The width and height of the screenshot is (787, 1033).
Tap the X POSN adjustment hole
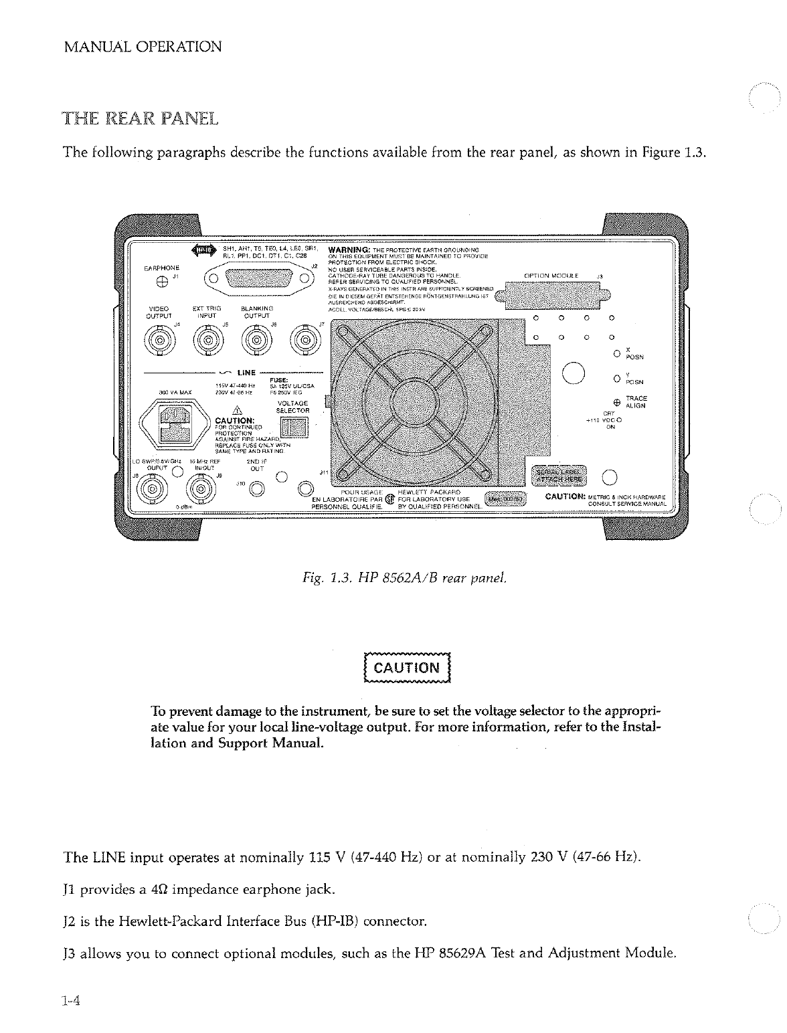pos(616,353)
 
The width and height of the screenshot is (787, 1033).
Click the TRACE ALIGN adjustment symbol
pos(616,403)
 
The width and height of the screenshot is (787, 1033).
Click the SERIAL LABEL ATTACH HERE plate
pos(558,474)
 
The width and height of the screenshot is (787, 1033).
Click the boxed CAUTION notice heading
pos(406,668)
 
